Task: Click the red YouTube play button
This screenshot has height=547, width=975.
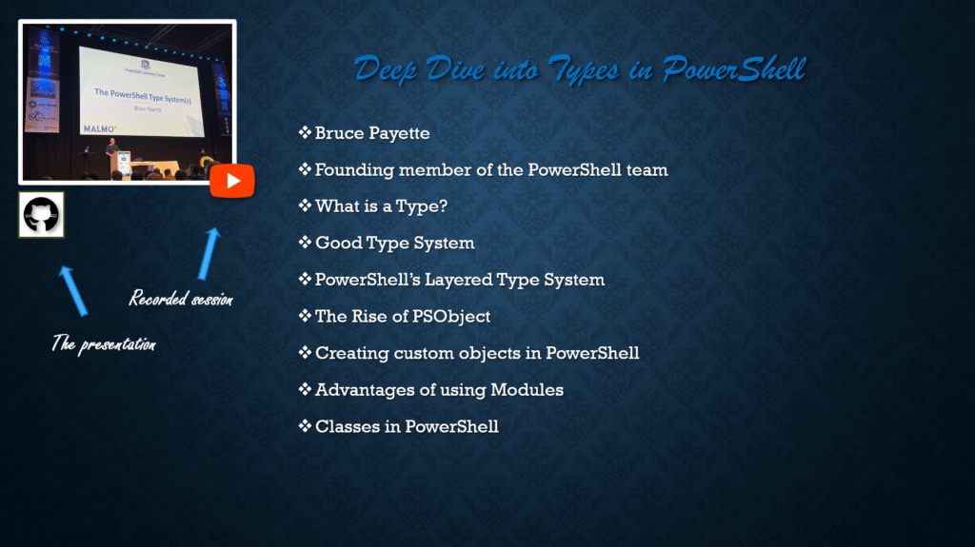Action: tap(232, 181)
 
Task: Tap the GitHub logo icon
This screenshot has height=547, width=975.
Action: tap(41, 214)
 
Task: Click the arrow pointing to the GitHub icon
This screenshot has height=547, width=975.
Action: tap(73, 290)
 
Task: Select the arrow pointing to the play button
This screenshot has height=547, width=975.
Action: tap(209, 253)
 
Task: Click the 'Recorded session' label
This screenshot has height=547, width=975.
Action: tap(181, 299)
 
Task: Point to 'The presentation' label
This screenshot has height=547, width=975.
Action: tap(103, 343)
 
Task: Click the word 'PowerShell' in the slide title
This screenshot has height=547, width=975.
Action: tap(733, 68)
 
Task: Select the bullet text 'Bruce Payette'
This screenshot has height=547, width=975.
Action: tap(372, 133)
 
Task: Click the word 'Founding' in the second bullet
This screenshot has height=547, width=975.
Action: tap(354, 169)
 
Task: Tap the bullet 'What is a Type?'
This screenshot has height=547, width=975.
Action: tap(381, 206)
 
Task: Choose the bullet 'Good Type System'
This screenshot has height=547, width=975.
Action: tap(395, 243)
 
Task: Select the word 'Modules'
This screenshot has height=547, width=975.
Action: tap(527, 390)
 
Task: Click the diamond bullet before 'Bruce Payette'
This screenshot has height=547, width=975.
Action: tap(305, 132)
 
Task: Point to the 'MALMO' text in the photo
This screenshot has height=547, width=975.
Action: tap(99, 128)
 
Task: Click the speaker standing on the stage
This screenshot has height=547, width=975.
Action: tap(112, 153)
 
